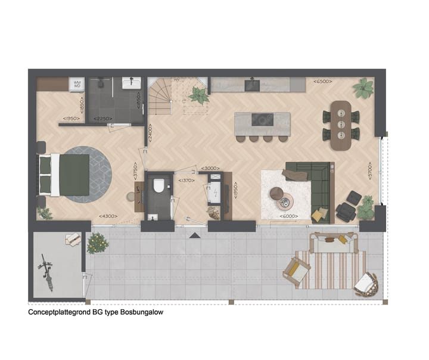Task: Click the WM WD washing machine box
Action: coord(77,84)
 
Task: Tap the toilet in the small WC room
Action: coord(158,187)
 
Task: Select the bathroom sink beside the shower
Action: coord(131,83)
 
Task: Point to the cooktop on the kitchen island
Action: coord(262,119)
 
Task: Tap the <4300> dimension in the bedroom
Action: coord(108,216)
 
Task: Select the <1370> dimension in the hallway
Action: coord(186,180)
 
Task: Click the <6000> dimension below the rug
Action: coord(289,216)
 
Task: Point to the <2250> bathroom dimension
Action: coord(102,118)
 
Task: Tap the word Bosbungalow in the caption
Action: coord(142,312)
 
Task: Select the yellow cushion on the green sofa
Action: coord(320,213)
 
